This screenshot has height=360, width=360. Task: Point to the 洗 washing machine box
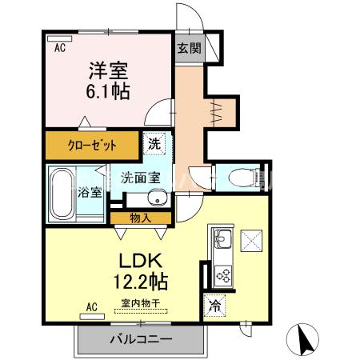(x=154, y=145)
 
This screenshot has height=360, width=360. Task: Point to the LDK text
(x=142, y=262)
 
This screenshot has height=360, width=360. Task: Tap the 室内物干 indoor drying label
(x=141, y=304)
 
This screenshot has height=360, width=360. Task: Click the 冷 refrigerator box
(x=214, y=305)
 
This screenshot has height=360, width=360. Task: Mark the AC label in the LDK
(x=91, y=306)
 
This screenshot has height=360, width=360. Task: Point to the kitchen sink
(x=222, y=239)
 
